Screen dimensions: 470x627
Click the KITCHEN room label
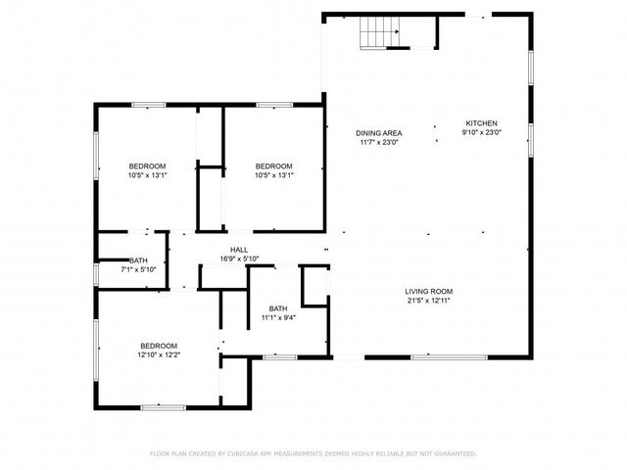pyautogui.click(x=482, y=122)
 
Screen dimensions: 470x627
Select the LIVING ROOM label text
pyautogui.click(x=429, y=291)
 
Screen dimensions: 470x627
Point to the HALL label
pyautogui.click(x=239, y=250)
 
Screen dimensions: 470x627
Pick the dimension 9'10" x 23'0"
pyautogui.click(x=482, y=133)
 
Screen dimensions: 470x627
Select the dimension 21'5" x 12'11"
pyautogui.click(x=429, y=301)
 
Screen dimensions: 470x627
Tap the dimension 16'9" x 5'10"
pyautogui.click(x=239, y=259)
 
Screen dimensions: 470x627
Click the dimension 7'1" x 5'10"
pyautogui.click(x=138, y=269)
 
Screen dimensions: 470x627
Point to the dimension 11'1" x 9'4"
pyautogui.click(x=278, y=317)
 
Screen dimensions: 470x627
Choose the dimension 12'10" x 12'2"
pyautogui.click(x=158, y=355)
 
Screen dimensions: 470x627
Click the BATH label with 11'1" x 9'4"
pyautogui.click(x=278, y=307)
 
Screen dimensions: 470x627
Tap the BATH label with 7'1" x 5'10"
pyautogui.click(x=138, y=259)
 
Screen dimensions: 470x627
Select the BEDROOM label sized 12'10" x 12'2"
pyautogui.click(x=158, y=346)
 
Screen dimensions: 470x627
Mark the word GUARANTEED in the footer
pyautogui.click(x=454, y=453)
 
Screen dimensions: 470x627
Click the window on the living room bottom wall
pyautogui.click(x=435, y=357)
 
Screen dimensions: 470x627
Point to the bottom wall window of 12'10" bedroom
pyautogui.click(x=163, y=406)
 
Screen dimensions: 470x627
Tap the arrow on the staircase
pyautogui.click(x=396, y=31)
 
